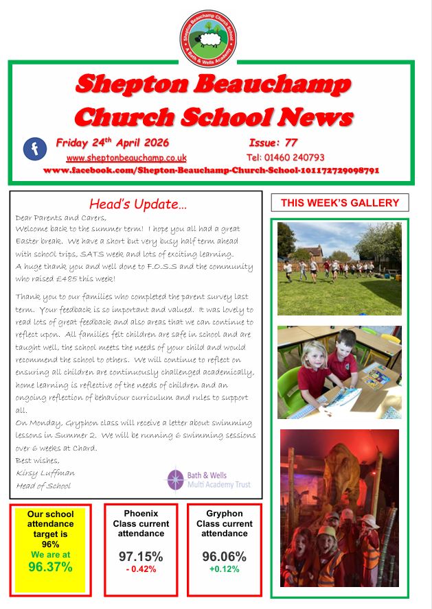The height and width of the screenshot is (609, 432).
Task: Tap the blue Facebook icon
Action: click(x=34, y=149)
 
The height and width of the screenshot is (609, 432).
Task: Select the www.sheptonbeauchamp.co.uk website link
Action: click(x=126, y=158)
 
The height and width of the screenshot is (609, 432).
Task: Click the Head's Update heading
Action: click(x=138, y=204)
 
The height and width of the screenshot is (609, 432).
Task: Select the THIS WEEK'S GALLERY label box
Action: click(x=340, y=202)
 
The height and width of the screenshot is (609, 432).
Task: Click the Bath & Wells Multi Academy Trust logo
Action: click(x=209, y=479)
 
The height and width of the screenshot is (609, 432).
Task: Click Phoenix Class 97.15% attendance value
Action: click(x=141, y=556)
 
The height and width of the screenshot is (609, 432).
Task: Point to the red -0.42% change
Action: click(x=141, y=569)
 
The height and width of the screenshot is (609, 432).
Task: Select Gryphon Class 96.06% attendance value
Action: click(x=224, y=556)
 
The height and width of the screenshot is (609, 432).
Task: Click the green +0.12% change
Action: click(x=224, y=569)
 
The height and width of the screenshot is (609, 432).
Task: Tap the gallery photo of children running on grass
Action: click(x=339, y=267)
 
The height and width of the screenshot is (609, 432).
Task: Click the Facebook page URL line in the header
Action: click(x=211, y=170)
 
